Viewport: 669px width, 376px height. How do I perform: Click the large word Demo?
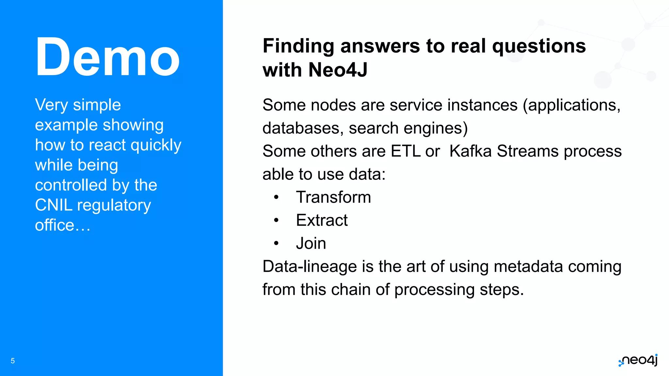pyautogui.click(x=107, y=58)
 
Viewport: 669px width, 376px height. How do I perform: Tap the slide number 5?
pyautogui.click(x=13, y=361)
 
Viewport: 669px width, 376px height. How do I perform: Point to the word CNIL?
pyautogui.click(x=54, y=205)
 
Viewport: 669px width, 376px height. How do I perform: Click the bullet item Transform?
pyautogui.click(x=333, y=197)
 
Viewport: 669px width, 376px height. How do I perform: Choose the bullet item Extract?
pyautogui.click(x=322, y=220)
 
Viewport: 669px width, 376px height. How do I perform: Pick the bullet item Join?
pyautogui.click(x=311, y=243)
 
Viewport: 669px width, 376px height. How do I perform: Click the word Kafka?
pyautogui.click(x=470, y=151)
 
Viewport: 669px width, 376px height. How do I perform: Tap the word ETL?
pyautogui.click(x=405, y=151)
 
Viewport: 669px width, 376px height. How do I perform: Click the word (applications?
pyautogui.click(x=572, y=105)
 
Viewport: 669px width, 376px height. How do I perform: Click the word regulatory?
pyautogui.click(x=114, y=206)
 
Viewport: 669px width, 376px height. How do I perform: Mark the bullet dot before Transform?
pyautogui.click(x=276, y=197)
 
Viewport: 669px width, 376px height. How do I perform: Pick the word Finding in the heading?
pyautogui.click(x=298, y=46)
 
